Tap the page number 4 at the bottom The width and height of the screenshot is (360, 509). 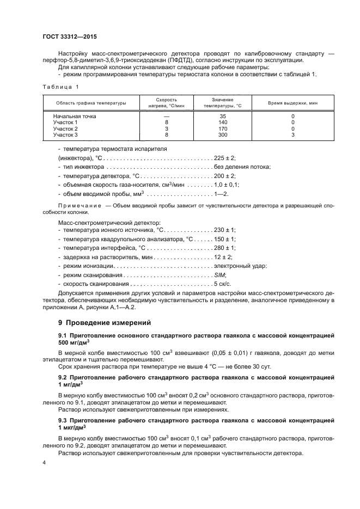tap(45, 462)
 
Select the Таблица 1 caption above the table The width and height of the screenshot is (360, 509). tap(60, 87)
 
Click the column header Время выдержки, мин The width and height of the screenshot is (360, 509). tap(292, 102)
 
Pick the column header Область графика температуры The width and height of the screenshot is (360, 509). tap(91, 102)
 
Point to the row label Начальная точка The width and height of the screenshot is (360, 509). tap(74, 116)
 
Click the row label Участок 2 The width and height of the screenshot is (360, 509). tap(65, 128)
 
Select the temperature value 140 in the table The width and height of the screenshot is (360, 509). tap(222, 122)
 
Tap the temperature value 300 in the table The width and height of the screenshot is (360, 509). tap(222, 134)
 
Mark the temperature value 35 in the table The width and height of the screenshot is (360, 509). tap(222, 116)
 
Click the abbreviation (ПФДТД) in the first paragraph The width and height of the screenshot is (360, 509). tap(186, 60)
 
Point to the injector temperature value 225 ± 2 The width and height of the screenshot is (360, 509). tap(225, 157)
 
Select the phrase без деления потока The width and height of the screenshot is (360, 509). tap(242, 167)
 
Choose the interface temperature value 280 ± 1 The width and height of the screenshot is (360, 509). tap(225, 248)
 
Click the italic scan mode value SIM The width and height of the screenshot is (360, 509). tap(220, 275)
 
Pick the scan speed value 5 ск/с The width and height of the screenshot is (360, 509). tap(223, 284)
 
